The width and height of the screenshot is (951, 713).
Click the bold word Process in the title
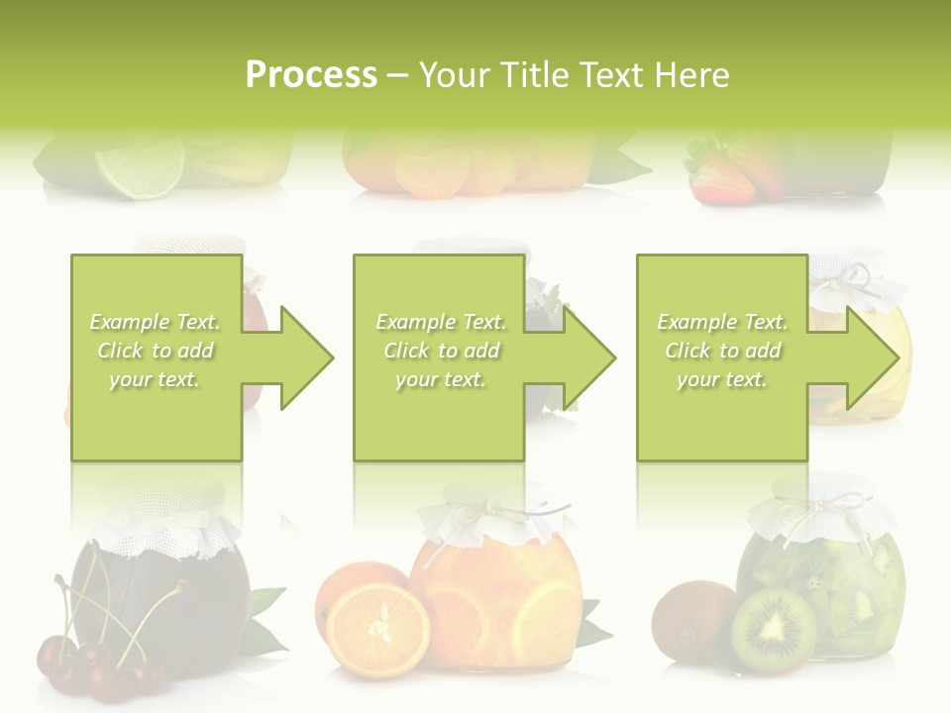311,75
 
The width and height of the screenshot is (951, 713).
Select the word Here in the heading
689,75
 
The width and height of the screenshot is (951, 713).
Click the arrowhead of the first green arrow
306,357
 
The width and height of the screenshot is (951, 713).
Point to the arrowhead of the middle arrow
588,357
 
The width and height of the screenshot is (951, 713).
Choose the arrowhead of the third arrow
872,357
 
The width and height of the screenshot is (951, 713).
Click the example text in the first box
156,351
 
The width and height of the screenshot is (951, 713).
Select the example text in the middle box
440,351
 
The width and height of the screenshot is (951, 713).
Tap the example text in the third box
722,351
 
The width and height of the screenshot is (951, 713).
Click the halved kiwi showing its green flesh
774,630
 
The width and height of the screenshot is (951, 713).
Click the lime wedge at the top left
149,166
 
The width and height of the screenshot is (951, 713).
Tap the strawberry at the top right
721,178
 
